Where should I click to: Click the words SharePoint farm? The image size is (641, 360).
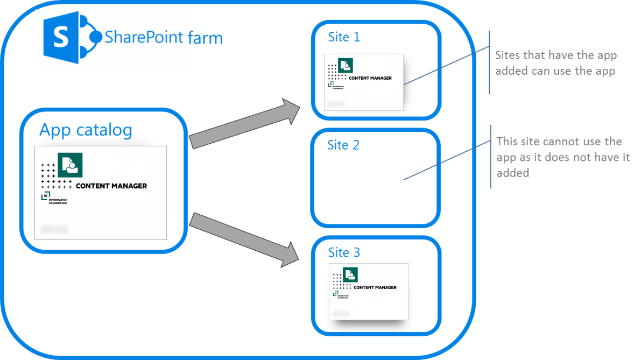tap(163, 38)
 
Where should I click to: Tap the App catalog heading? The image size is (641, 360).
tap(86, 130)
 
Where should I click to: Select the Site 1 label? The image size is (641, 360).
tap(344, 37)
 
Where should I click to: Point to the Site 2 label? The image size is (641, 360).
tap(343, 145)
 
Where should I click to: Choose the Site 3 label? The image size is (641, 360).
tap(344, 252)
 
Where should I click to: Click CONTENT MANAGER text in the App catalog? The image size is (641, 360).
tap(111, 186)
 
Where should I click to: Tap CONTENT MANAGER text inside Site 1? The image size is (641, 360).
tap(370, 78)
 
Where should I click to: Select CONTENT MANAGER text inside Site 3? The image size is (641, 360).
tap(375, 287)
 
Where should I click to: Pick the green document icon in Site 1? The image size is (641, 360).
tap(346, 65)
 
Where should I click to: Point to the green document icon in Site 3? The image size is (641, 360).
tap(351, 274)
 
